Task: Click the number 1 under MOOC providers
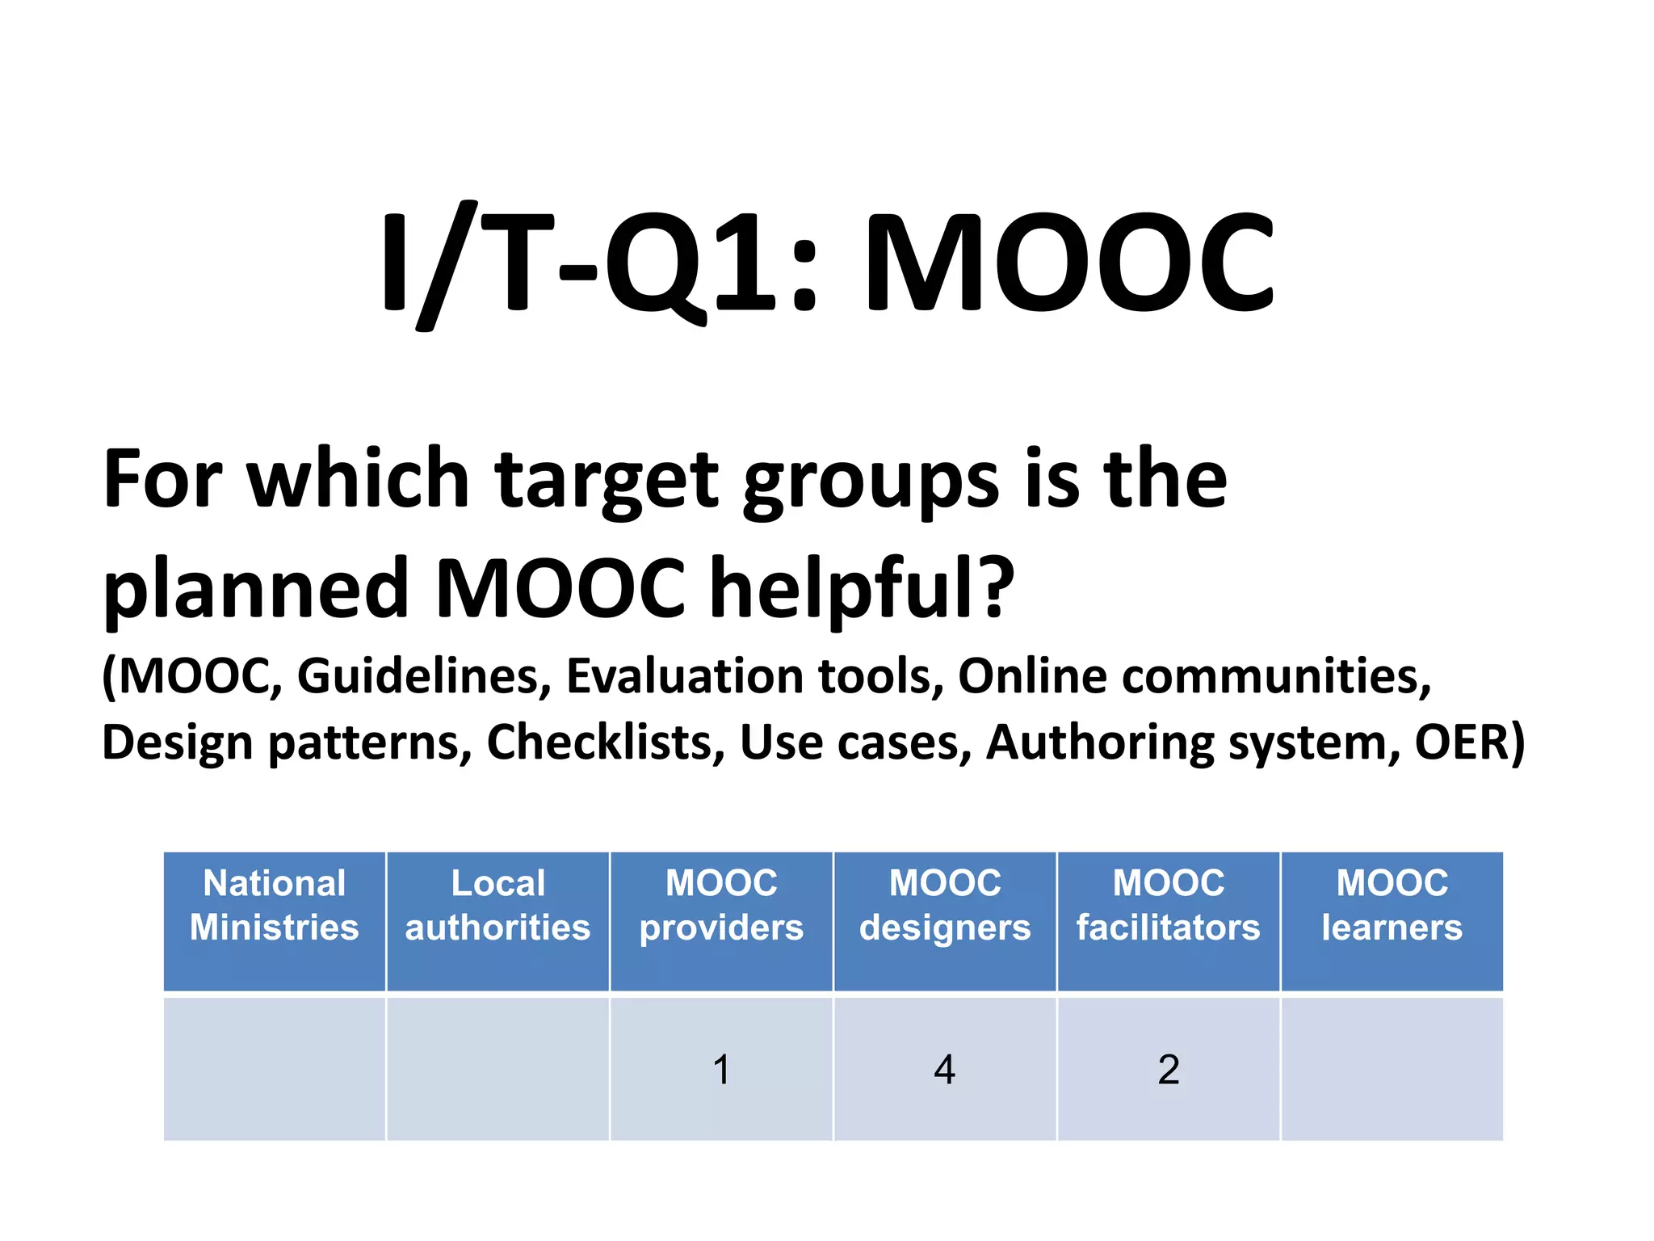pyautogui.click(x=721, y=1070)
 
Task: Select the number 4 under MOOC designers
pyautogui.click(x=945, y=1070)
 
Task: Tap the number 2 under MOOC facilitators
pyautogui.click(x=1169, y=1070)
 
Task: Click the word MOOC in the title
pyautogui.click(x=1068, y=263)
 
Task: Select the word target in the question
pyautogui.click(x=606, y=482)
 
